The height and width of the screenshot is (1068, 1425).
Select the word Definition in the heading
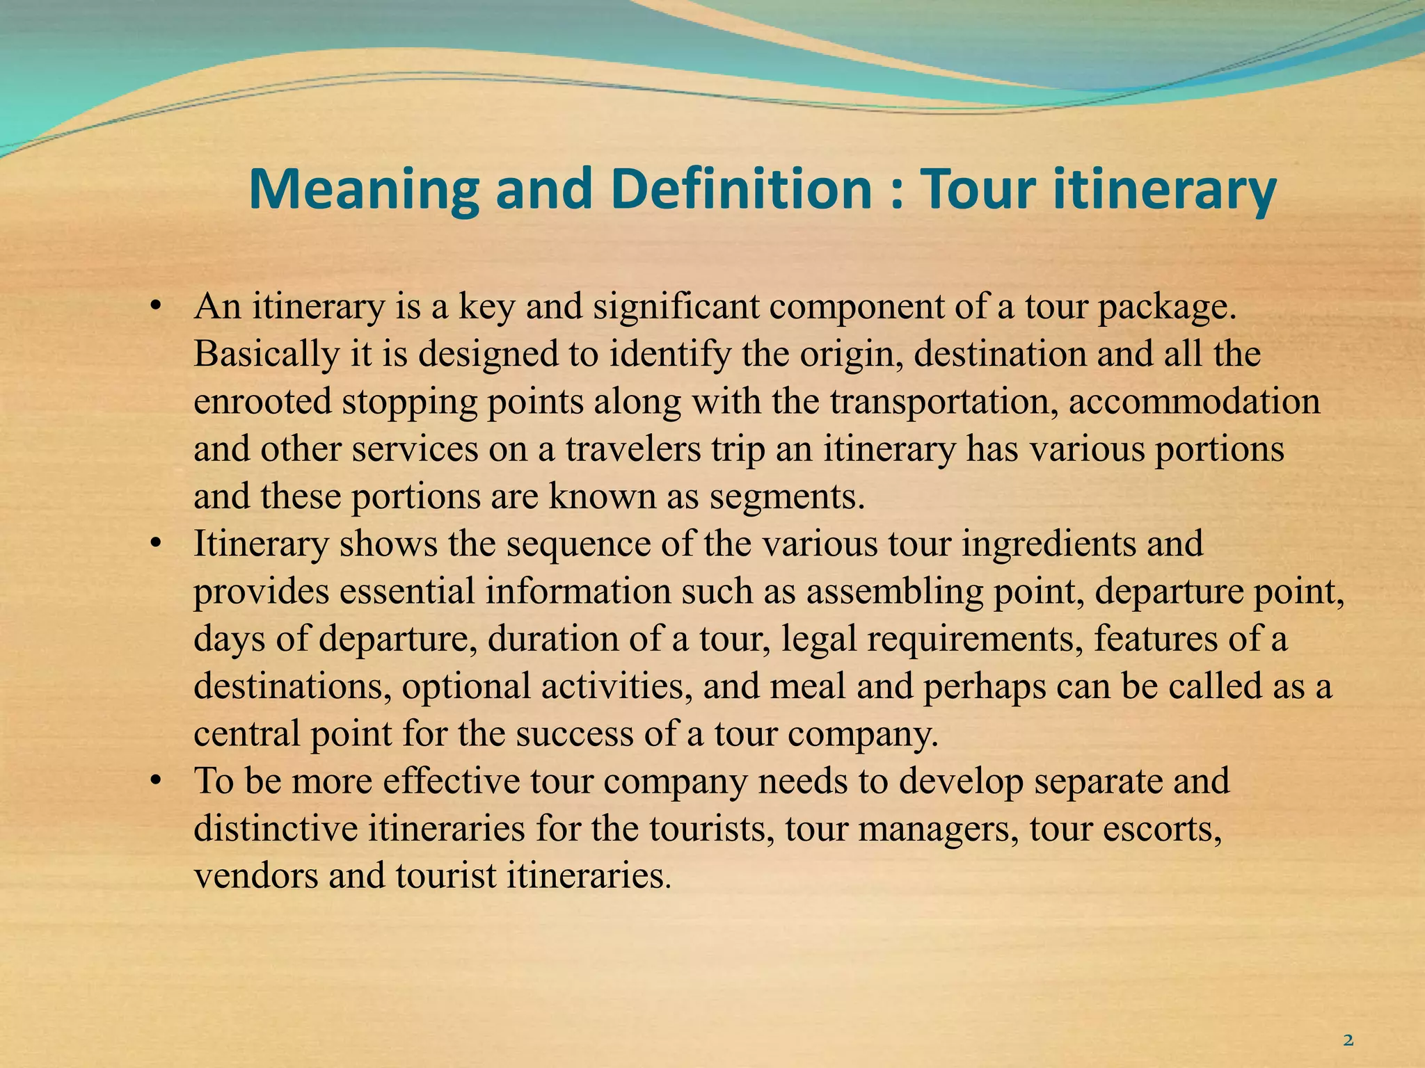click(741, 189)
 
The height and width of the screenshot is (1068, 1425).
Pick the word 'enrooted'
click(262, 402)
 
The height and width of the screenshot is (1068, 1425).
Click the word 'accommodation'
click(1194, 402)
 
